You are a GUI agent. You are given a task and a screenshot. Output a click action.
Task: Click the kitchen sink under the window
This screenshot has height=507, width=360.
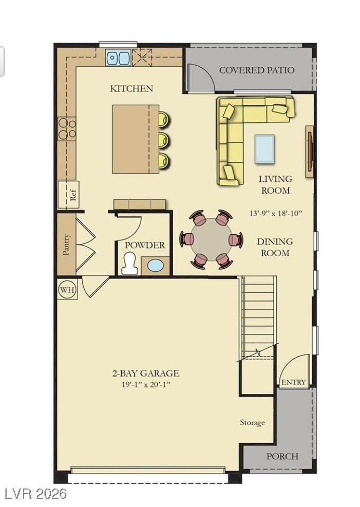[x=118, y=58]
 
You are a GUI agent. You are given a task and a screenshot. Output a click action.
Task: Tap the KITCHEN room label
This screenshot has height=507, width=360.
[x=131, y=88]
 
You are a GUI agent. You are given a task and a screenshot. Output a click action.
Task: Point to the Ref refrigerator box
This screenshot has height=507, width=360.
[x=72, y=195]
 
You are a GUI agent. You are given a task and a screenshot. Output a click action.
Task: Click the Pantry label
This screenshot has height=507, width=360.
[x=66, y=245]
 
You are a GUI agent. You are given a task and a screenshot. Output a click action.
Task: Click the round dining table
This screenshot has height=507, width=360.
[x=211, y=240]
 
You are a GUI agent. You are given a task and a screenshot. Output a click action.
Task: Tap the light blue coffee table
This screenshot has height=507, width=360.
[x=264, y=149]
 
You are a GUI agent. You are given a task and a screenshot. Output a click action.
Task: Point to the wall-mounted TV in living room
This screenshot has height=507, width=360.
[x=310, y=152]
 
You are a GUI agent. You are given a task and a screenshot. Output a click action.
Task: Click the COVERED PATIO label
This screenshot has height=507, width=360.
[x=257, y=70]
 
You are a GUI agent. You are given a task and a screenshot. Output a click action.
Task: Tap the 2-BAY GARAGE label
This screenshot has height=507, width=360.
[x=146, y=373]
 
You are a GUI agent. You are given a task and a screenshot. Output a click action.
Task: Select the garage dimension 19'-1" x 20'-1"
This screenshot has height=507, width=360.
[x=146, y=384]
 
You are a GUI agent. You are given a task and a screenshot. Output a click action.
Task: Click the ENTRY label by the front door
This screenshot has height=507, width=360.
[x=294, y=382]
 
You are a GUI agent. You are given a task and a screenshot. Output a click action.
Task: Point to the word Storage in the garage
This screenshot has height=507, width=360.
[x=253, y=423]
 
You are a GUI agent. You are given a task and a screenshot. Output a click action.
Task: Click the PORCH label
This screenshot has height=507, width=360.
[x=282, y=456]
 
